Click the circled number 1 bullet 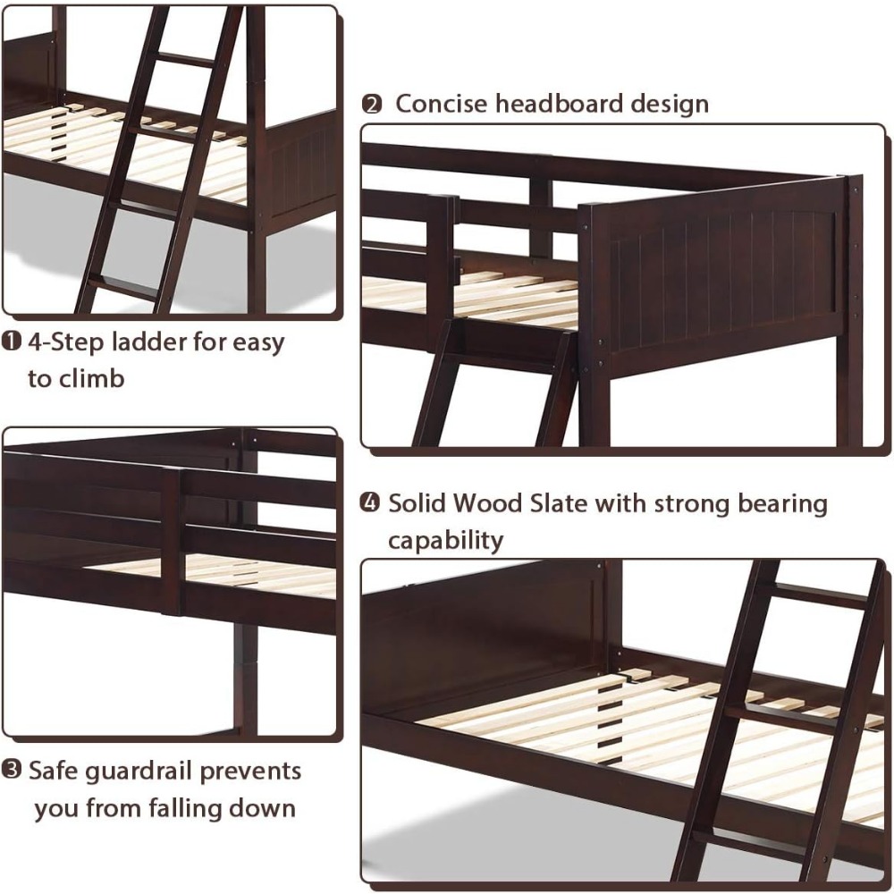pyautogui.click(x=12, y=342)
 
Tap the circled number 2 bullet pyautogui.click(x=371, y=104)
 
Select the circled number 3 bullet pyautogui.click(x=12, y=771)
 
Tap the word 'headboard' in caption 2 pyautogui.click(x=555, y=104)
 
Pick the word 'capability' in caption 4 pyautogui.click(x=445, y=540)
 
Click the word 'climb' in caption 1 pyautogui.click(x=94, y=378)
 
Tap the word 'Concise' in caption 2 pyautogui.click(x=442, y=104)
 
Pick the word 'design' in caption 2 pyautogui.click(x=667, y=104)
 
